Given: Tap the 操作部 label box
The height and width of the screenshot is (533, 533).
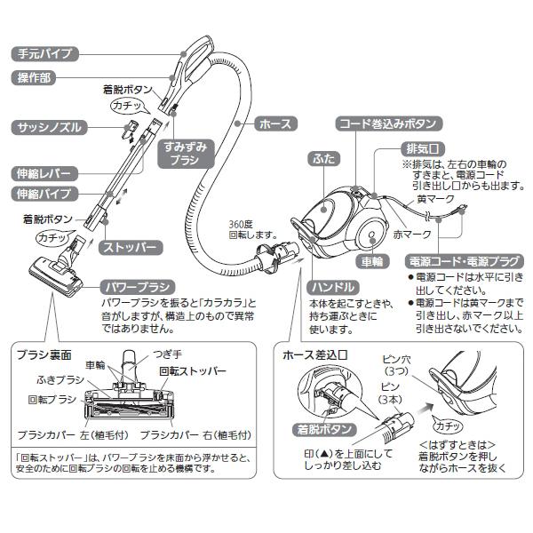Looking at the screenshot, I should [x=34, y=78].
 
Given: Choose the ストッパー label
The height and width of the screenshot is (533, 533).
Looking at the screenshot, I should [x=131, y=246].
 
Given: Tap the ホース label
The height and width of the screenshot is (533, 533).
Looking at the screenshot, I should [x=274, y=124].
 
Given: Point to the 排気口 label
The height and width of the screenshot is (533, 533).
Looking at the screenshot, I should [x=425, y=148].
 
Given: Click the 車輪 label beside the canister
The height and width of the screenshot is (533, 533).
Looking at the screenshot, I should [x=371, y=263].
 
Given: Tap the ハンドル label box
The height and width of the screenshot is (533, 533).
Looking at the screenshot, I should [x=335, y=288].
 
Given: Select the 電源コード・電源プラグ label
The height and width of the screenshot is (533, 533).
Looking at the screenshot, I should [x=462, y=263].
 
